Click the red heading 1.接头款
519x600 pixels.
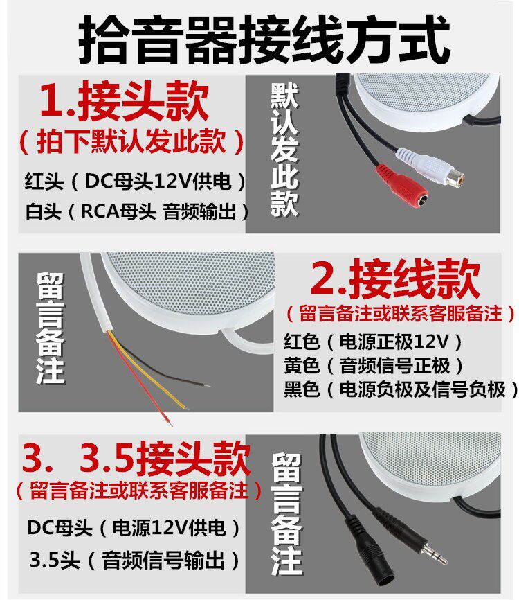(x=125, y=100)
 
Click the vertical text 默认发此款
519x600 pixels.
(x=284, y=150)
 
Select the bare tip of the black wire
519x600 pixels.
(x=206, y=385)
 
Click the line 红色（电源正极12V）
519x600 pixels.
(x=373, y=342)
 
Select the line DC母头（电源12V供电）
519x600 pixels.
(x=134, y=529)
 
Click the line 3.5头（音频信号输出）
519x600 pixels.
(x=134, y=561)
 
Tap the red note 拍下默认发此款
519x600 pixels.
(x=131, y=141)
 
